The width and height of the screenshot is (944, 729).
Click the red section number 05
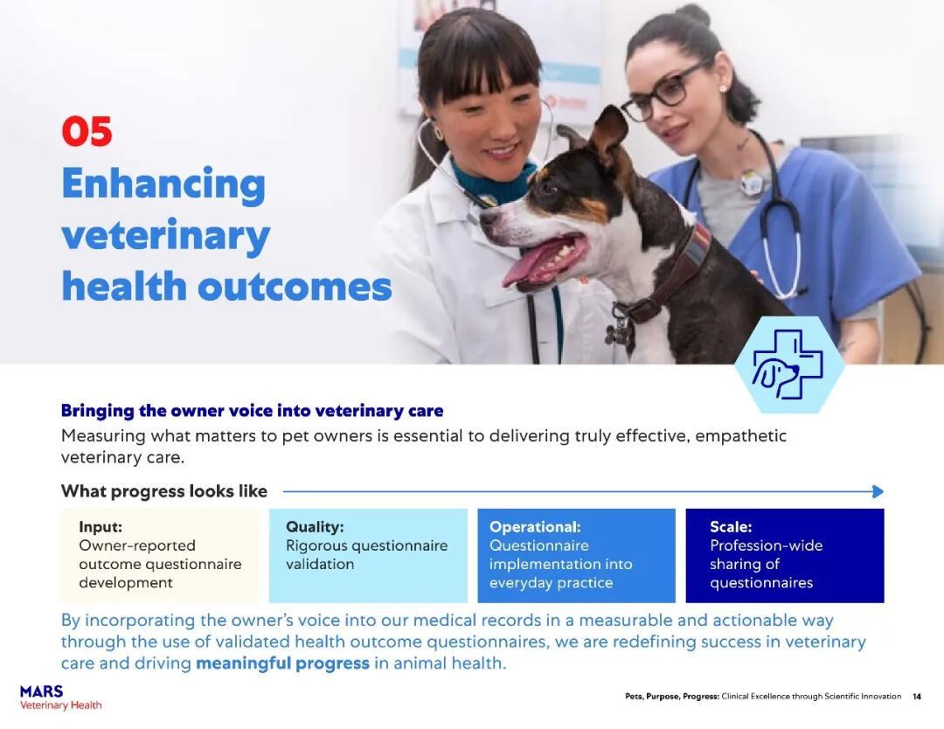(87, 131)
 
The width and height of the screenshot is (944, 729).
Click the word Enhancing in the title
(163, 184)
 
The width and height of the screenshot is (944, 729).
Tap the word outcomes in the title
(295, 287)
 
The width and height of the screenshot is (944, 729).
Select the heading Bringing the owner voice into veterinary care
(253, 411)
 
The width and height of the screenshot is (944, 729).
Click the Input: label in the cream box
(101, 527)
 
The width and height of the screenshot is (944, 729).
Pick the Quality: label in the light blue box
(315, 527)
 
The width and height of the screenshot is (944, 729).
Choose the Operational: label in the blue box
(535, 527)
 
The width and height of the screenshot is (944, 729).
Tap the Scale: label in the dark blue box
(731, 527)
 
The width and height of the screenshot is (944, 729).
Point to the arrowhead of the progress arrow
(878, 491)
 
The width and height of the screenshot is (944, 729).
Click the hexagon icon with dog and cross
(788, 364)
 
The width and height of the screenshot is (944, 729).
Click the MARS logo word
(42, 691)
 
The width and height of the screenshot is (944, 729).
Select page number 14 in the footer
(916, 697)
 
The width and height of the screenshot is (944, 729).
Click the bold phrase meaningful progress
(283, 663)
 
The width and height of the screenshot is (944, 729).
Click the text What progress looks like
(164, 491)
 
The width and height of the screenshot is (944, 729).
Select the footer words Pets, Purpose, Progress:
(672, 697)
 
